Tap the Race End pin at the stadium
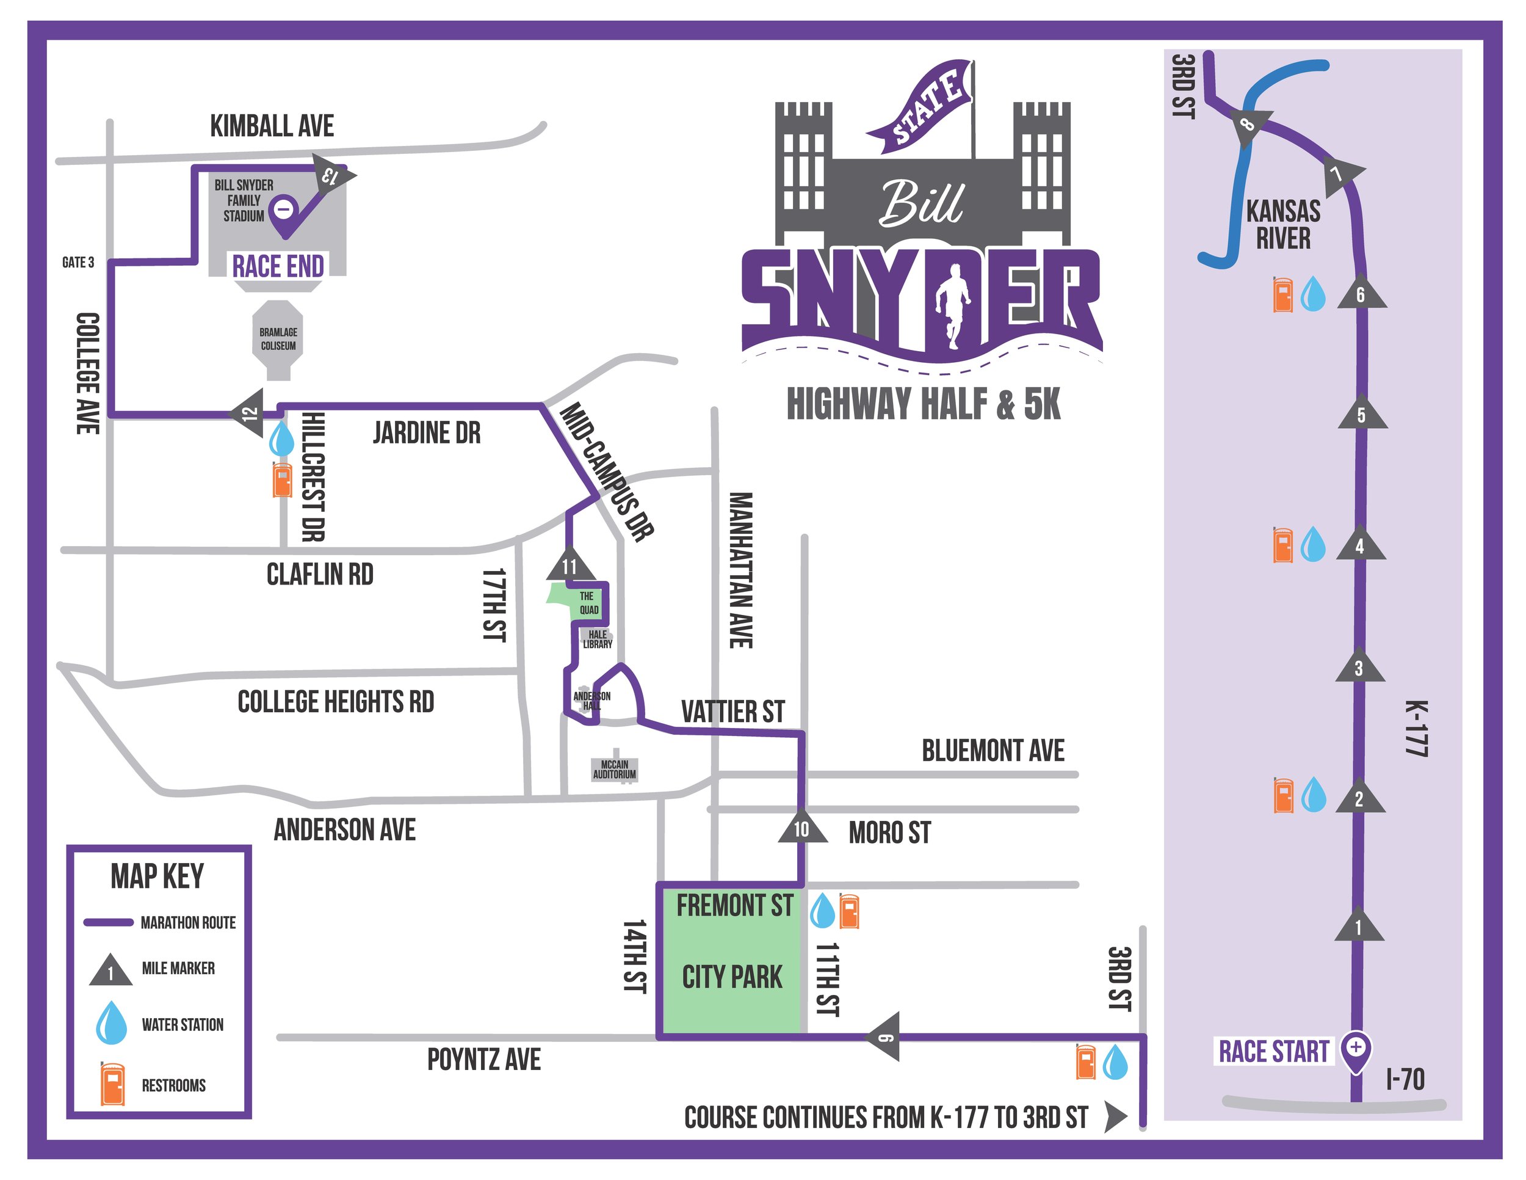[x=284, y=209]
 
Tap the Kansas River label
[x=1283, y=224]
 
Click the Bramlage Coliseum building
[x=278, y=339]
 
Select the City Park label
[x=731, y=977]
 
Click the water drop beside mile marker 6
[x=1314, y=294]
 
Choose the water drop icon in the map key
[x=111, y=1022]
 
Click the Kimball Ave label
[x=272, y=126]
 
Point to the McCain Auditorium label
[x=614, y=769]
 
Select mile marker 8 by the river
[x=1247, y=125]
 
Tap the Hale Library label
[x=598, y=639]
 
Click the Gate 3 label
[x=78, y=262]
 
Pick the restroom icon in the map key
[x=112, y=1084]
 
